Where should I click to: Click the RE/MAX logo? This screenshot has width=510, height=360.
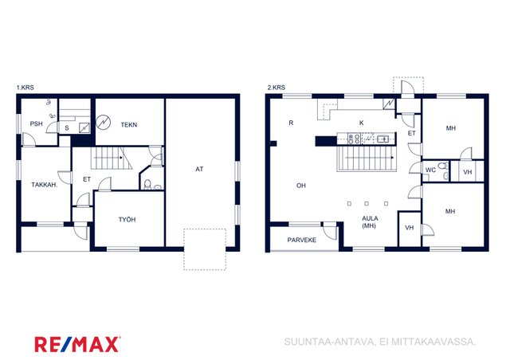(x=77, y=344)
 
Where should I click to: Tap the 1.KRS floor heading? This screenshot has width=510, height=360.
(x=25, y=88)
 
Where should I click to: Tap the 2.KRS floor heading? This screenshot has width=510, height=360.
(x=277, y=88)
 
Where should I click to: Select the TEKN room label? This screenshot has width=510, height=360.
(x=129, y=124)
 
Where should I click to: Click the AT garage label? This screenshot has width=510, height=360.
(x=199, y=169)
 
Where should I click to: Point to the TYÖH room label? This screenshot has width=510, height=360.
(x=127, y=220)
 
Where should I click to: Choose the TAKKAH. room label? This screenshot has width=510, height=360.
(x=45, y=185)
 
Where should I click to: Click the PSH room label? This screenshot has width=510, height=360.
(x=36, y=123)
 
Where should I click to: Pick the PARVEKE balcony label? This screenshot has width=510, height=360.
(x=301, y=240)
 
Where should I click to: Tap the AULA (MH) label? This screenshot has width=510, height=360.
(x=370, y=221)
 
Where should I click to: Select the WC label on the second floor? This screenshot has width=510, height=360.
(x=430, y=170)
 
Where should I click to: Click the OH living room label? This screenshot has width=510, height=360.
(x=301, y=186)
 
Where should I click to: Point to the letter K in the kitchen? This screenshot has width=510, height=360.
(x=361, y=123)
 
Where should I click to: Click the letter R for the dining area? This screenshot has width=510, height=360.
(x=291, y=123)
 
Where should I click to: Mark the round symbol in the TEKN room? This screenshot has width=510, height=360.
(x=104, y=123)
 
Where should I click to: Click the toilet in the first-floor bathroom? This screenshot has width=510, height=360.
(x=147, y=185)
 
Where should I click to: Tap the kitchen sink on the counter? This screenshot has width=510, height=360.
(x=382, y=139)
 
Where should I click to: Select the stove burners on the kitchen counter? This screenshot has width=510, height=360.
(x=354, y=139)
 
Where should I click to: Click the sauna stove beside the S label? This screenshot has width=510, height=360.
(x=84, y=127)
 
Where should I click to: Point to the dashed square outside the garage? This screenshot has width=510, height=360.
(x=205, y=249)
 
